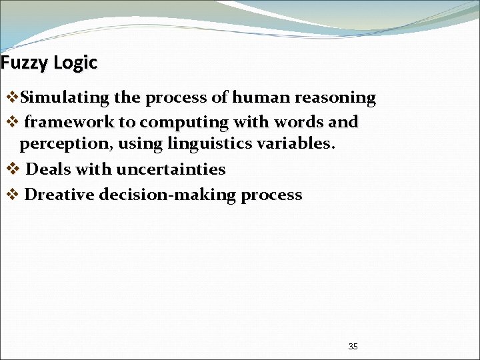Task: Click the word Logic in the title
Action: (75, 63)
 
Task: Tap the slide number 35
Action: (353, 347)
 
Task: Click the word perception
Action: (65, 143)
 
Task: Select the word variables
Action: (295, 143)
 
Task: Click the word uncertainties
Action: (171, 169)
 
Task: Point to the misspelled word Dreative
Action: (59, 195)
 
